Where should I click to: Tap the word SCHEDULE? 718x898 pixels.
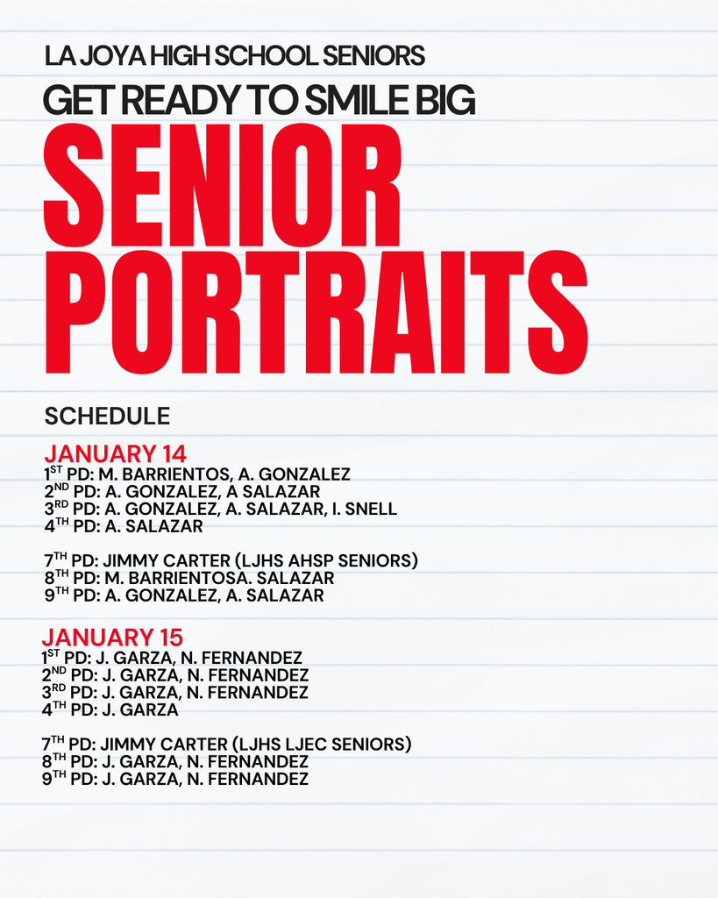[107, 416]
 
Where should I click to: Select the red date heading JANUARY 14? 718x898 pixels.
[115, 454]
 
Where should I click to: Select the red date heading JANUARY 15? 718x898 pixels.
[112, 638]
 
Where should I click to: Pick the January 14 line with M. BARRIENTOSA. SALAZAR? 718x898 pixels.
[188, 578]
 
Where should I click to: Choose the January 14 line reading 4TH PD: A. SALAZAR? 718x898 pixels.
[123, 526]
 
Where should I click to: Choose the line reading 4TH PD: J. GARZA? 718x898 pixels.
[110, 709]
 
